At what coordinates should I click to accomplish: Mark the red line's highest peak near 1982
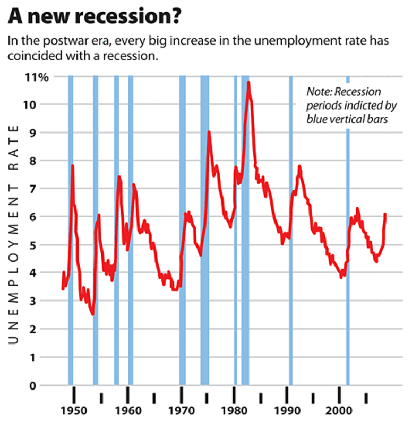tap(248, 82)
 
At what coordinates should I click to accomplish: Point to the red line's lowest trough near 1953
tap(93, 314)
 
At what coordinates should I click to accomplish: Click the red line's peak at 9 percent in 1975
tap(209, 132)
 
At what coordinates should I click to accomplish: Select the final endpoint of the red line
tap(385, 214)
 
